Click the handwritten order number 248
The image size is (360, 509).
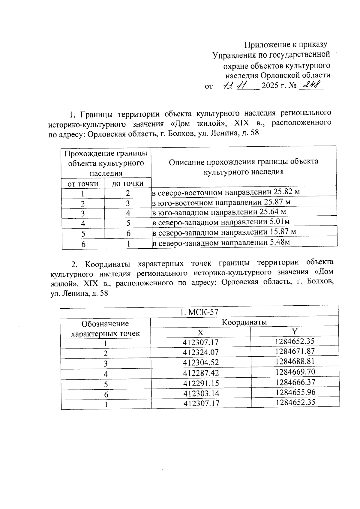(x=311, y=85)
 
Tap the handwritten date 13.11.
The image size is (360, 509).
(x=237, y=86)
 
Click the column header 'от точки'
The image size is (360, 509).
(x=83, y=184)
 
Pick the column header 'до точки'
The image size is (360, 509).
(x=127, y=184)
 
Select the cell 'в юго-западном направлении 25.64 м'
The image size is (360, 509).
(x=219, y=212)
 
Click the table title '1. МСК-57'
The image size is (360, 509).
(x=199, y=312)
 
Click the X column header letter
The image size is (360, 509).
(x=200, y=332)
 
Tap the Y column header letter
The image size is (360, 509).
(x=295, y=331)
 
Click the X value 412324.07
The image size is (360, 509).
(x=201, y=352)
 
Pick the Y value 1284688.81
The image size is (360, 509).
(x=295, y=361)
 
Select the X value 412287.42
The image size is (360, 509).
(x=201, y=373)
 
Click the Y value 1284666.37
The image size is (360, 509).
(x=295, y=382)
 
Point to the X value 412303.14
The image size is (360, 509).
(x=201, y=393)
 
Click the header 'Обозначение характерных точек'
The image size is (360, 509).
(x=106, y=328)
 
